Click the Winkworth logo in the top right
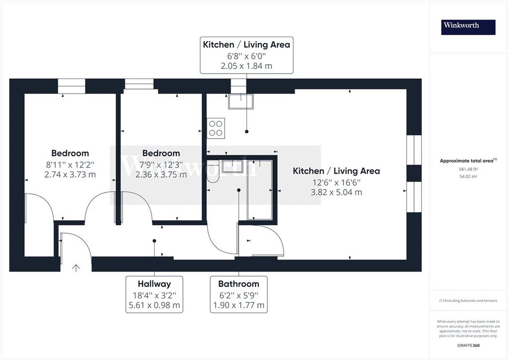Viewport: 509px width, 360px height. point(468,27)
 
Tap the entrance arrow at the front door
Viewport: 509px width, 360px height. point(76,268)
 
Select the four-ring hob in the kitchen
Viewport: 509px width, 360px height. point(216,128)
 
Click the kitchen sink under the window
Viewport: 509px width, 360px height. point(241,101)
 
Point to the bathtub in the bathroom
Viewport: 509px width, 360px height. point(259,190)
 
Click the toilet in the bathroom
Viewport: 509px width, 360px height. point(214,174)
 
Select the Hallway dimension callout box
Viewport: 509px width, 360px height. point(154,294)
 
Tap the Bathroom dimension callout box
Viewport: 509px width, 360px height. point(239,294)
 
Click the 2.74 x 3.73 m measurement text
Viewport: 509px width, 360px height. point(70,175)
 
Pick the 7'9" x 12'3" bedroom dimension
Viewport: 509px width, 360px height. point(161,165)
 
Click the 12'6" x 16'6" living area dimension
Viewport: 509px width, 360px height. point(337,182)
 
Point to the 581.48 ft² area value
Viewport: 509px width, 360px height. point(468,169)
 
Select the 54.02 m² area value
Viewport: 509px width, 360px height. point(468,177)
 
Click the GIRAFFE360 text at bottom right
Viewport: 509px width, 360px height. point(468,346)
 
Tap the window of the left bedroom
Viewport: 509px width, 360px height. point(72,87)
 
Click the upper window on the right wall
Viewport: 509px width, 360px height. point(414,150)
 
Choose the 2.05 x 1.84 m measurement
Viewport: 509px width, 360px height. point(247,66)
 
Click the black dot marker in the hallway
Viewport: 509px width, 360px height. point(154,241)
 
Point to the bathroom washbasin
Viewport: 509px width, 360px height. point(233,166)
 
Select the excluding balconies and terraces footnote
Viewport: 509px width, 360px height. point(468,301)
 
